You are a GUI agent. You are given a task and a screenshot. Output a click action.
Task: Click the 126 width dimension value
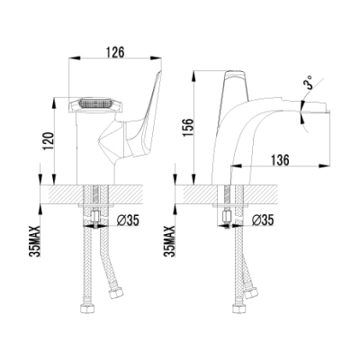pos(115,52)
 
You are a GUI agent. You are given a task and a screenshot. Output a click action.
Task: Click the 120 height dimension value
pos(49,141)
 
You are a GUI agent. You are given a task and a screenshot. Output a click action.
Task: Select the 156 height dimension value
pos(189,128)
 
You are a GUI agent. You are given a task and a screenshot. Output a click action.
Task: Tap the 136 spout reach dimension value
pos(280,160)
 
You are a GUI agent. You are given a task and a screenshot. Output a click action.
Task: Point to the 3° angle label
pos(309,82)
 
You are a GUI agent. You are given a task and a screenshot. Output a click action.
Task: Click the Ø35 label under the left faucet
pos(128,220)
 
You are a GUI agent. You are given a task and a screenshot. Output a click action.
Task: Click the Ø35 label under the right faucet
pos(263,220)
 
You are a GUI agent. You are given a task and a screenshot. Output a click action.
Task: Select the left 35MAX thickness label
pos(35,241)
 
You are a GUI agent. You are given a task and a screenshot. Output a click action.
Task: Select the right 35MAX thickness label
pos(170,241)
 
